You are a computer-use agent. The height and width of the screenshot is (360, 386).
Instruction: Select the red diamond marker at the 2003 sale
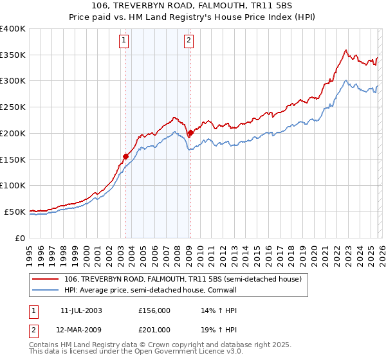pyautogui.click(x=125, y=156)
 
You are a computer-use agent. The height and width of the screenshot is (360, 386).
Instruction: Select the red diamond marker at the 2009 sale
pyautogui.click(x=190, y=132)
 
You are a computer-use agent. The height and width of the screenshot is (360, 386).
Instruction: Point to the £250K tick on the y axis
pyautogui.click(x=13, y=107)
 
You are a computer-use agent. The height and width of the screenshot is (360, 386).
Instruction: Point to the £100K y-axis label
pyautogui.click(x=13, y=185)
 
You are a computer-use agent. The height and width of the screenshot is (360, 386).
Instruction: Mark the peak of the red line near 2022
pyautogui.click(x=346, y=50)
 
